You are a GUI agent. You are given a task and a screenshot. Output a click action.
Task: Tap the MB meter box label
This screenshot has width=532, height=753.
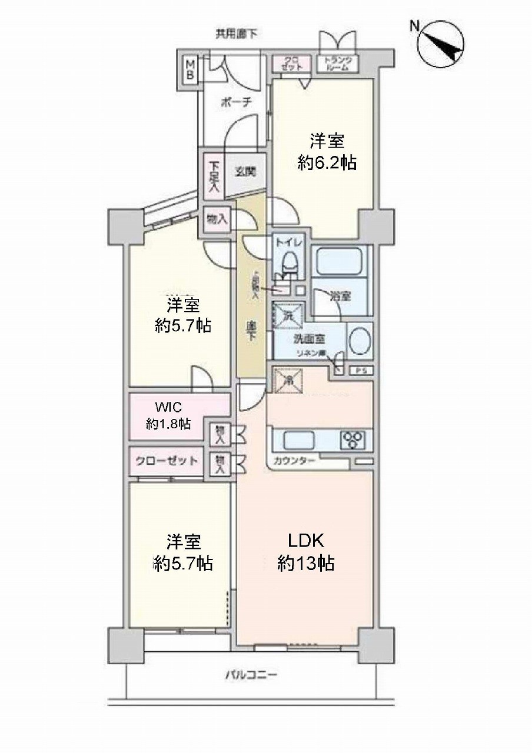tap(191, 69)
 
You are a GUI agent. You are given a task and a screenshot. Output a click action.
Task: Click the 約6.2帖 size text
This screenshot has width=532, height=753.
tap(327, 163)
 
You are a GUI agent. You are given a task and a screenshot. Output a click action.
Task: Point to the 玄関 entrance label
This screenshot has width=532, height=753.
tap(245, 173)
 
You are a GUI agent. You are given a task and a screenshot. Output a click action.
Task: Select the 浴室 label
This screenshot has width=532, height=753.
tap(341, 296)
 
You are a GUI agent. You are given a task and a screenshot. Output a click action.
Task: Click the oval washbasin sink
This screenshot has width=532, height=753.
tap(360, 342)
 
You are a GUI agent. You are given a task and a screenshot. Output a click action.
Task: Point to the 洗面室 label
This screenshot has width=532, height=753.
tap(308, 339)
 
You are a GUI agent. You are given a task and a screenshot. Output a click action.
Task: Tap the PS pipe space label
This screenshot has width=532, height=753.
tap(361, 371)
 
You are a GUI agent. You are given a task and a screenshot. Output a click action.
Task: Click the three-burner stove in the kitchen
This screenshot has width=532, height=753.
tap(353, 439)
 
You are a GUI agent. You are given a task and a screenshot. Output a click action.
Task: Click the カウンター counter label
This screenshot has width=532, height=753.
tap(294, 461)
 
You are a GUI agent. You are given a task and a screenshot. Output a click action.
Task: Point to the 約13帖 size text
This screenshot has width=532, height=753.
tap(306, 564)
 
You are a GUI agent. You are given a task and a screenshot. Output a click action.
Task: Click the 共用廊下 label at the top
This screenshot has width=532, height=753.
tap(236, 34)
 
